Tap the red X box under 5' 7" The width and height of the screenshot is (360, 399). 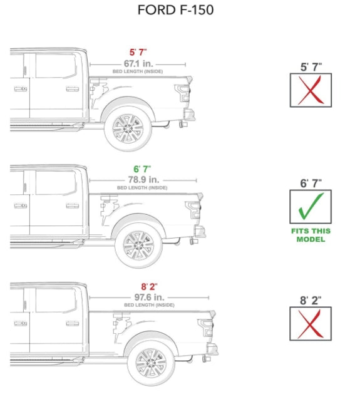pos(310,90)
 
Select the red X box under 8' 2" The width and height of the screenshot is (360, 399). pos(310,323)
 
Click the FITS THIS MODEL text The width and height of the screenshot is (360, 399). pos(310,235)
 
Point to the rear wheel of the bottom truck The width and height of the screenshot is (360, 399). pos(150,362)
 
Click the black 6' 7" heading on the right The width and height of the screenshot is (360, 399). pos(310,183)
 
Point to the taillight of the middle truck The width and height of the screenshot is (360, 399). pos(195,210)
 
